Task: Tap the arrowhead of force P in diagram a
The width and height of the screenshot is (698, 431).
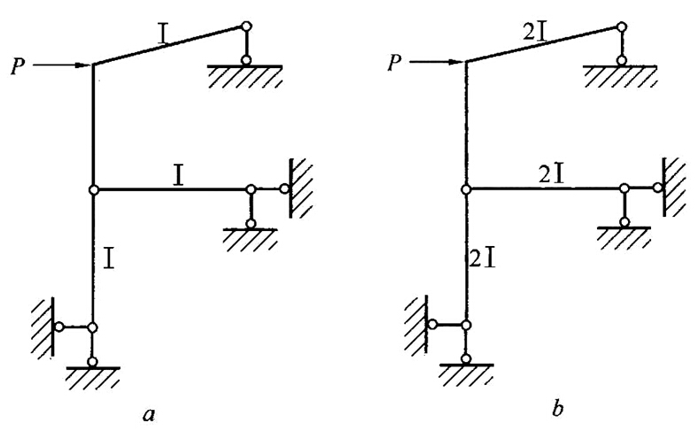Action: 86,65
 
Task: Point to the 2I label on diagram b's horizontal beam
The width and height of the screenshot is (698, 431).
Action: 552,175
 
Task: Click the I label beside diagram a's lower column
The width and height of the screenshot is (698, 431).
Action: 110,259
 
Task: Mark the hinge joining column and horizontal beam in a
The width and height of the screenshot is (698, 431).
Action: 93,189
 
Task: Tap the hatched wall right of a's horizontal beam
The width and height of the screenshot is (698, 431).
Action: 301,187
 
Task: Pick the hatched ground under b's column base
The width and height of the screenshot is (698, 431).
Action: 467,373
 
